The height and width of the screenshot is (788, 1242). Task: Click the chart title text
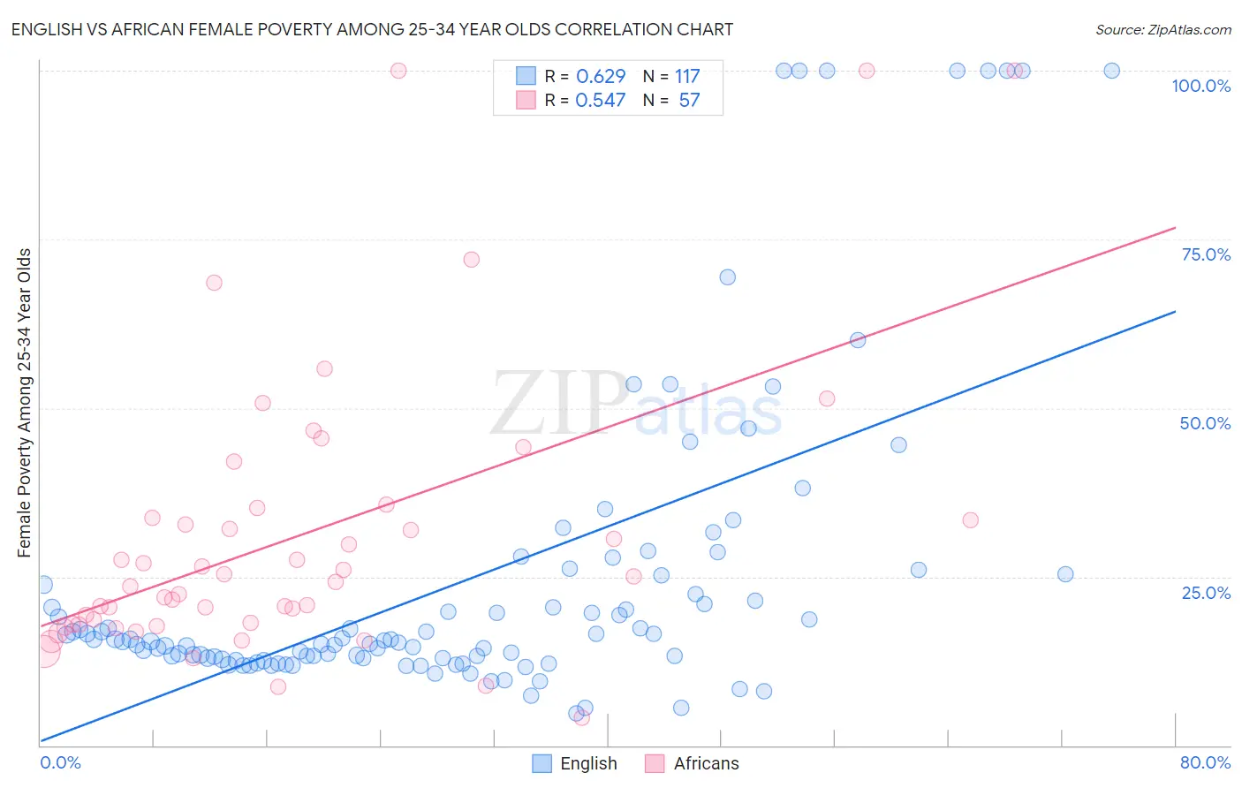point(372,29)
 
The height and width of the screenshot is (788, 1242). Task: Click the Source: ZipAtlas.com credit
point(1162,29)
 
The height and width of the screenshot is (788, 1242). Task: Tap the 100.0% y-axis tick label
point(1200,86)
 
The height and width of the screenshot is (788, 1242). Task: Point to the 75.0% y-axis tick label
point(1205,254)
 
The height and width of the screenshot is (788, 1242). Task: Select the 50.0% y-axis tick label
point(1205,423)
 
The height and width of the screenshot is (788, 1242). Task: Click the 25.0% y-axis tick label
point(1205,593)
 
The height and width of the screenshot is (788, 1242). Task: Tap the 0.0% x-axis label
point(60,762)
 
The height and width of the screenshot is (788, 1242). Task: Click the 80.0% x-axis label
point(1205,762)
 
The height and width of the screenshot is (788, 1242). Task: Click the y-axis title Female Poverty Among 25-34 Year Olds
point(25,403)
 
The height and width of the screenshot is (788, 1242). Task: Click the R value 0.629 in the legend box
point(600,77)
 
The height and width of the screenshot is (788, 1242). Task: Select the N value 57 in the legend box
point(689,101)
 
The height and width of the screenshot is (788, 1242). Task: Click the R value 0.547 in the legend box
point(600,101)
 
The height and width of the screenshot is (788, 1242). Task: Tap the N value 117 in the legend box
point(687,77)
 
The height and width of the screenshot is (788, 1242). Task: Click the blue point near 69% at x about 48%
point(727,277)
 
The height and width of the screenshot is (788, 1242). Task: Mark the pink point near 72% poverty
point(471,260)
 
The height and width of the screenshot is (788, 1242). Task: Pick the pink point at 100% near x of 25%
point(398,71)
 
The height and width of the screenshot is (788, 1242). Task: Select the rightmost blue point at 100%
point(1111,71)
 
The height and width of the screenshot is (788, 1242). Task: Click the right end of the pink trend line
point(1175,228)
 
